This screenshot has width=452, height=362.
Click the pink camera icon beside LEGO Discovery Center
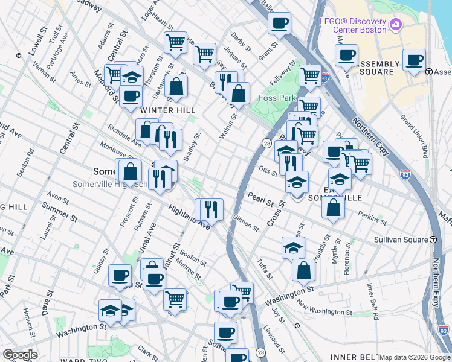(396, 24)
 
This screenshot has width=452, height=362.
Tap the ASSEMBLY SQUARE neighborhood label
(379, 68)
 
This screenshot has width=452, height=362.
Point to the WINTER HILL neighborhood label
(168, 110)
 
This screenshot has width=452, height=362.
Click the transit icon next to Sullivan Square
(433, 239)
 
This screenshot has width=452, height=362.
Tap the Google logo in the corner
(20, 355)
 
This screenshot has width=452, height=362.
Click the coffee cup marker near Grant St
(279, 24)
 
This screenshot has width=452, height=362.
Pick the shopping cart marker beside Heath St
(175, 43)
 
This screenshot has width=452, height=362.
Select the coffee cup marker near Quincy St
(120, 275)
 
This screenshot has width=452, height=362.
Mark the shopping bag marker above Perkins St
(334, 208)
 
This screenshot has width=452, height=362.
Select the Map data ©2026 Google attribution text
(415, 357)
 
